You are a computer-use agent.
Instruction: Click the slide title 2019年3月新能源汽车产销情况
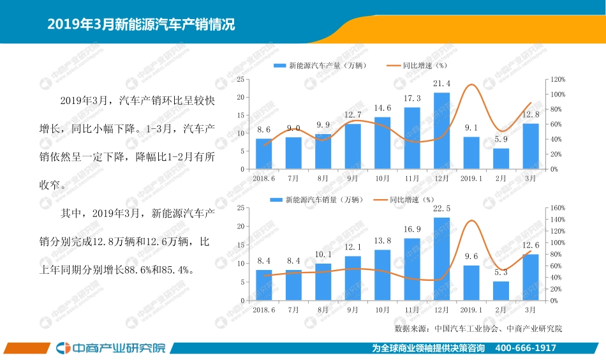141,25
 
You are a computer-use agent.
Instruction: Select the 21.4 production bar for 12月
441,131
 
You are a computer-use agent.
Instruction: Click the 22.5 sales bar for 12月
441,259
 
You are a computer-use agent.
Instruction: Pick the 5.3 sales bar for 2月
501,291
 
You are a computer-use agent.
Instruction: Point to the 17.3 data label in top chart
412,99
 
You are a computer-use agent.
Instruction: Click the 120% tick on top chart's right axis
558,79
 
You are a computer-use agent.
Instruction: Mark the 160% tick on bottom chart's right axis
558,208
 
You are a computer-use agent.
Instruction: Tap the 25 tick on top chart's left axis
240,79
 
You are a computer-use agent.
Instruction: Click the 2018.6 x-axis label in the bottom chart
263,310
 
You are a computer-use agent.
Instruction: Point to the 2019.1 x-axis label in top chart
471,179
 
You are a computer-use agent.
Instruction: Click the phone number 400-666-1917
526,348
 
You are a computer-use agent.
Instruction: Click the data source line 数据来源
478,329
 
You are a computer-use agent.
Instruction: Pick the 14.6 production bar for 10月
382,143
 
